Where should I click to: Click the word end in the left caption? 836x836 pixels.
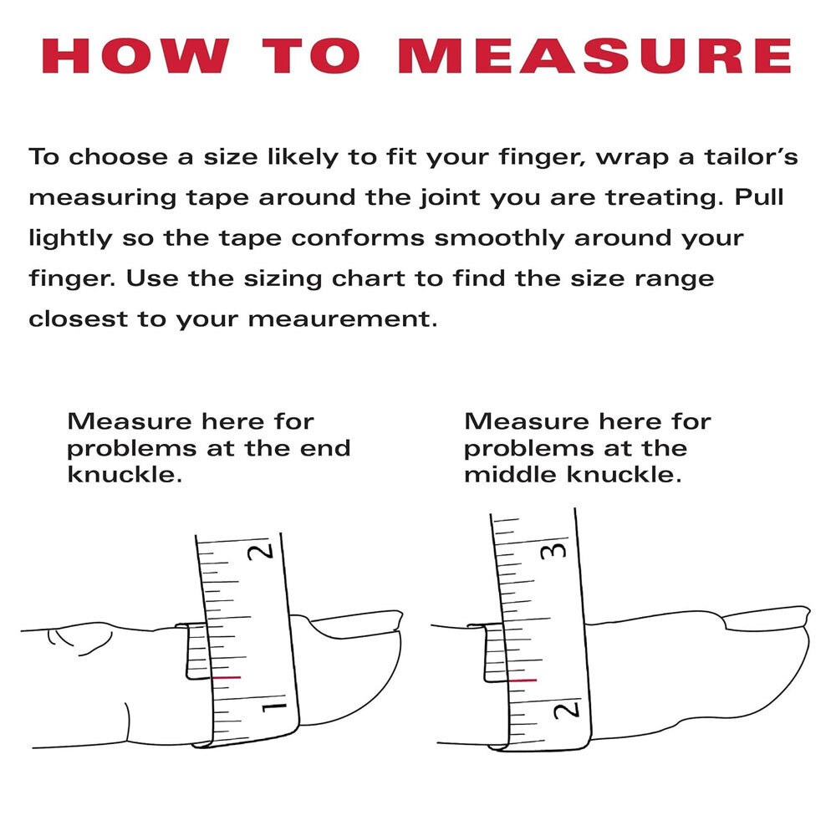tap(327, 448)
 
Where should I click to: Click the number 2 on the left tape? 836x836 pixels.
tap(266, 552)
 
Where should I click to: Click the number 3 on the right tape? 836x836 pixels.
tap(559, 550)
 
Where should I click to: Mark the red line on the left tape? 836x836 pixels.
tap(227, 676)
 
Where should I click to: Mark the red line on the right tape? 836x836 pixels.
tap(522, 681)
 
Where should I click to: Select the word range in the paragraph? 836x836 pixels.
tap(679, 279)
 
